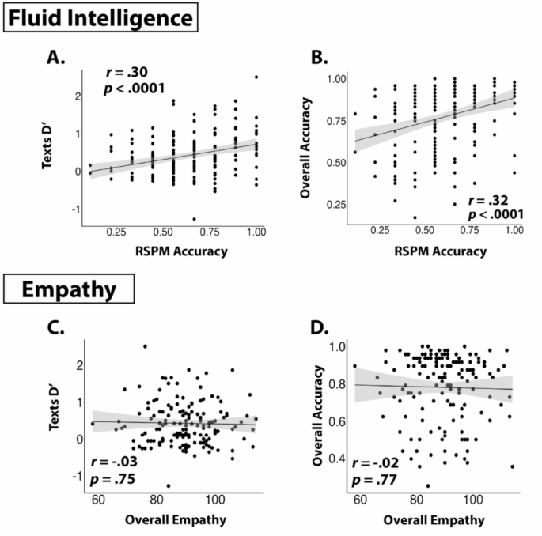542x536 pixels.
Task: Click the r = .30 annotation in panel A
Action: point(128,74)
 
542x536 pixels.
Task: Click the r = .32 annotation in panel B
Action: point(471,202)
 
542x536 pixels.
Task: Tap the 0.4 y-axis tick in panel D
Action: point(339,458)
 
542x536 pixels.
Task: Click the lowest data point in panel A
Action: point(194,219)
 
